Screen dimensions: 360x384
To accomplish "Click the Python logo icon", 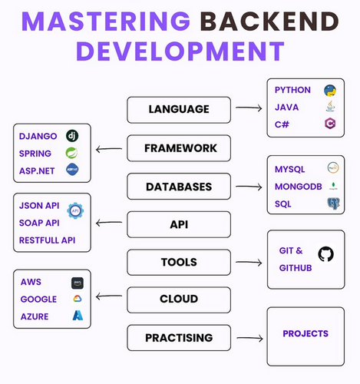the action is click(x=330, y=91).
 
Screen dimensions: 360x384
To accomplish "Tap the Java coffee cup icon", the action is click(x=330, y=106).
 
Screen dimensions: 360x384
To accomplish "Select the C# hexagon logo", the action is click(x=330, y=124).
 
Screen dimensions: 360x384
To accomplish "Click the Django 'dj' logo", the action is click(x=72, y=136).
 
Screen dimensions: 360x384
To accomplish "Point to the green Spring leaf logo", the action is click(x=71, y=153).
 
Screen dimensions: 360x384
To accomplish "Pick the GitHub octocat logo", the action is click(x=325, y=254).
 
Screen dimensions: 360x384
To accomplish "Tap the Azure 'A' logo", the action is click(x=78, y=316).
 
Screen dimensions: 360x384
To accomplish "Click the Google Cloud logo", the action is click(x=78, y=299).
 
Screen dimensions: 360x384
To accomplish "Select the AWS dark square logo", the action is click(x=78, y=283).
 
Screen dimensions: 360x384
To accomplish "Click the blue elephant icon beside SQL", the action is click(x=333, y=204).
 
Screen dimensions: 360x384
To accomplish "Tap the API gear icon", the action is click(x=75, y=210).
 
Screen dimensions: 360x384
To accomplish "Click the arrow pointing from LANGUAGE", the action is click(x=249, y=108).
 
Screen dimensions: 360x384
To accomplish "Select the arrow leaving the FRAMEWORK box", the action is click(x=109, y=149).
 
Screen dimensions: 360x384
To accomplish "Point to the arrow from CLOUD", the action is click(x=109, y=296).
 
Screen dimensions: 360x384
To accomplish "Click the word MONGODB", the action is click(x=298, y=187).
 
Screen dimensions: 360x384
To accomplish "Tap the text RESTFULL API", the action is click(x=47, y=240).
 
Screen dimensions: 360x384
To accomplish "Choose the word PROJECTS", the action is click(x=306, y=333).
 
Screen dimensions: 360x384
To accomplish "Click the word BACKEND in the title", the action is click(x=269, y=22).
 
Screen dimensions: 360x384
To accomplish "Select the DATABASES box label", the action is click(x=179, y=187).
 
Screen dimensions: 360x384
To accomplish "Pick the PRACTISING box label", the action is click(x=179, y=338).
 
